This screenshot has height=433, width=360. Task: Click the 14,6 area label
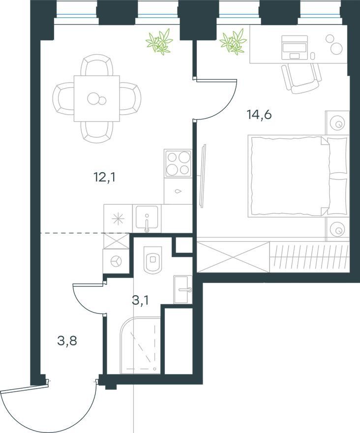click(259, 114)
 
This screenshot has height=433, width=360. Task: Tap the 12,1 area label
click(104, 177)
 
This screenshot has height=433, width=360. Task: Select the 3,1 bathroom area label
click(140, 300)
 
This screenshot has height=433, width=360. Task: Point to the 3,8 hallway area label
click(67, 341)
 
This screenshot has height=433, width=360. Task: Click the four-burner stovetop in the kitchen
click(178, 163)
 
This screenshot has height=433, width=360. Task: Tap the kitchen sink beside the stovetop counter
click(147, 218)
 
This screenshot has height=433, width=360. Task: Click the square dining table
click(96, 98)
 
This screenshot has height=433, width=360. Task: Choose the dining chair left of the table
click(63, 98)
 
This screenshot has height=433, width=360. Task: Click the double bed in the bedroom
click(298, 176)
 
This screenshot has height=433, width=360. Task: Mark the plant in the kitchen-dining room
click(160, 41)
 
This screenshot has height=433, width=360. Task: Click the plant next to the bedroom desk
click(233, 41)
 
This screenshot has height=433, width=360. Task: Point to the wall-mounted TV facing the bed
click(204, 176)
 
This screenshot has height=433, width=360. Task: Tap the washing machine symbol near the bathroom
click(116, 261)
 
